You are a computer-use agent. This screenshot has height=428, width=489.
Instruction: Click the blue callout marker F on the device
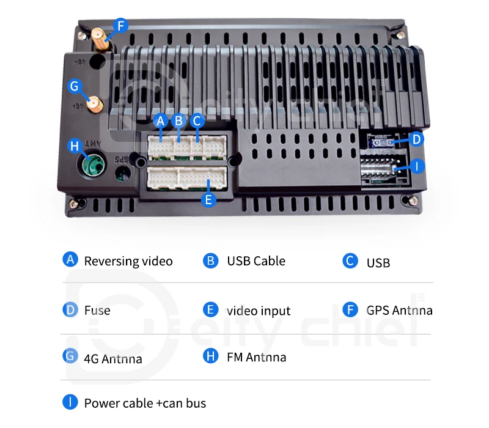pyautogui.click(x=120, y=26)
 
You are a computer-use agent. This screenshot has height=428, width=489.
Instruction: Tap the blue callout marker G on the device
pyautogui.click(x=75, y=86)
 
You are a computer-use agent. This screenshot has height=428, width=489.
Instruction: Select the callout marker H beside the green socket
pyautogui.click(x=75, y=146)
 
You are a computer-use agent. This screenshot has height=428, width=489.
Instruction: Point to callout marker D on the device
pyautogui.click(x=416, y=139)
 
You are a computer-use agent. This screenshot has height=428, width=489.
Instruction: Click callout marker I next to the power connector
pyautogui.click(x=416, y=166)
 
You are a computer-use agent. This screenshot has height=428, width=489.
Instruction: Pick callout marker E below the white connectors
pyautogui.click(x=208, y=199)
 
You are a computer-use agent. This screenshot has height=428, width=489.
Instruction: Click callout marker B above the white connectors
pyautogui.click(x=178, y=120)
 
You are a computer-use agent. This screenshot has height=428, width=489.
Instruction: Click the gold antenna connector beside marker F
pyautogui.click(x=99, y=38)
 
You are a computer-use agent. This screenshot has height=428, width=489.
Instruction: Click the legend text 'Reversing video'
pyautogui.click(x=128, y=261)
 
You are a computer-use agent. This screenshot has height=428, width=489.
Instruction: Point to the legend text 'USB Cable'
pyautogui.click(x=256, y=261)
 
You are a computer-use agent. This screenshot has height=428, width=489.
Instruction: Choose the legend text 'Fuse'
pyautogui.click(x=97, y=311)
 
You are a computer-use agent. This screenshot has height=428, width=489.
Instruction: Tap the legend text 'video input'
pyautogui.click(x=259, y=311)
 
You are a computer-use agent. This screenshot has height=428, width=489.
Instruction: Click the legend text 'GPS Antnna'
pyautogui.click(x=399, y=311)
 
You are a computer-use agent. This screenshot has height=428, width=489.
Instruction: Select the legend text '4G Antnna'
pyautogui.click(x=113, y=358)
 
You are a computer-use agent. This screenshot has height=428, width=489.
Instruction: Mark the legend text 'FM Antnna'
pyautogui.click(x=256, y=357)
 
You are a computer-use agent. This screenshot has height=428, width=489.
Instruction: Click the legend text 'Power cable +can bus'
pyautogui.click(x=145, y=404)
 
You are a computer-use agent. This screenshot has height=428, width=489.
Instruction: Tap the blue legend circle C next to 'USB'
pyautogui.click(x=350, y=261)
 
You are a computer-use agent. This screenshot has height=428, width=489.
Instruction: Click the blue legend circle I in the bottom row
pyautogui.click(x=71, y=402)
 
